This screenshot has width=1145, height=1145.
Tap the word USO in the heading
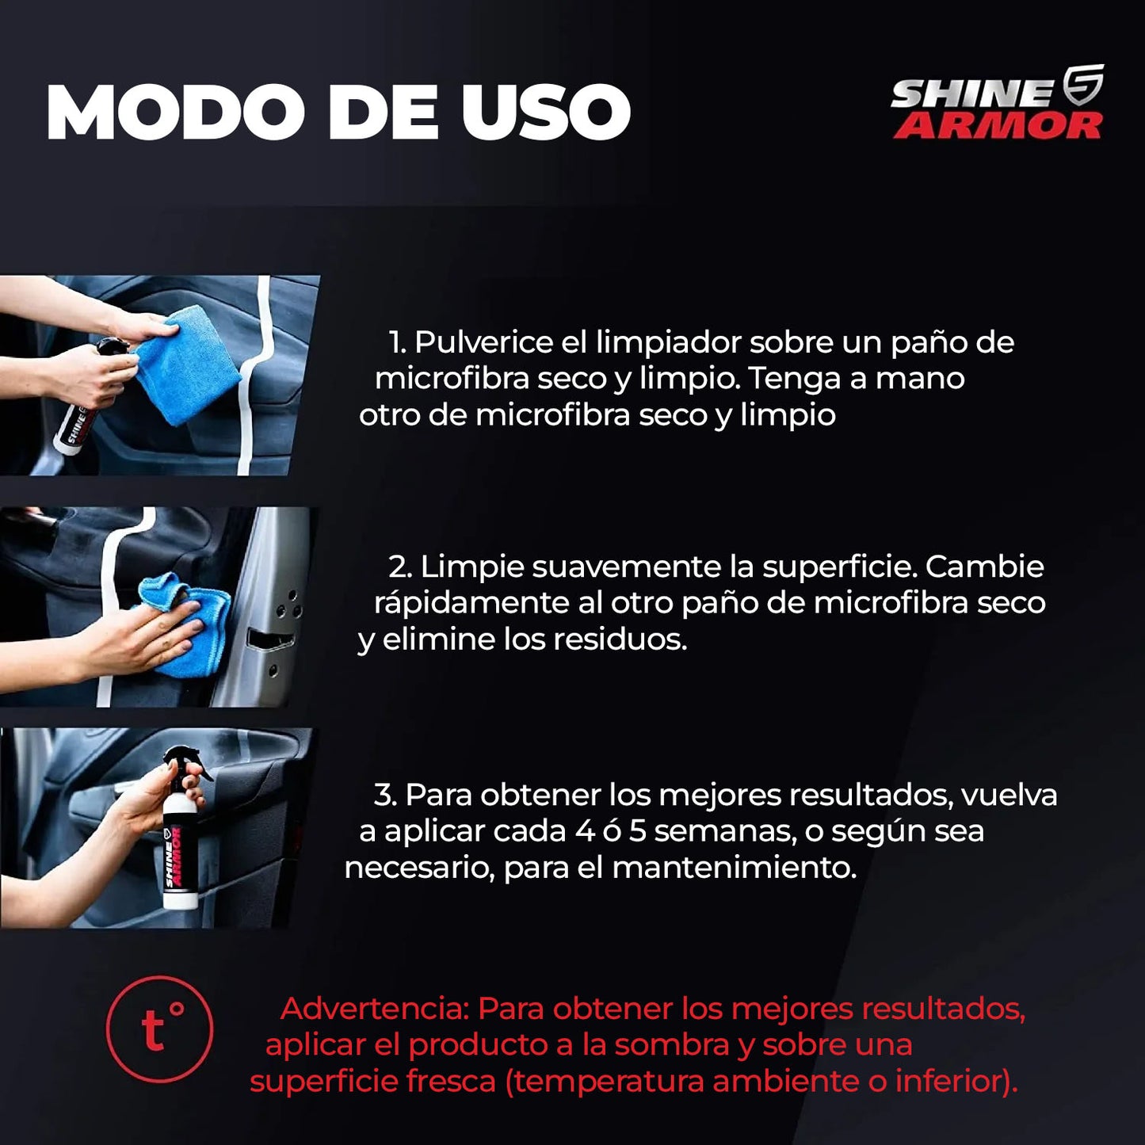(546, 112)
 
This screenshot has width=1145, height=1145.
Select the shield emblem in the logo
(1082, 85)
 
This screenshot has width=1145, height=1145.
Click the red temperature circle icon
(159, 1029)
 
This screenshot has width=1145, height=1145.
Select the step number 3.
(385, 795)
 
